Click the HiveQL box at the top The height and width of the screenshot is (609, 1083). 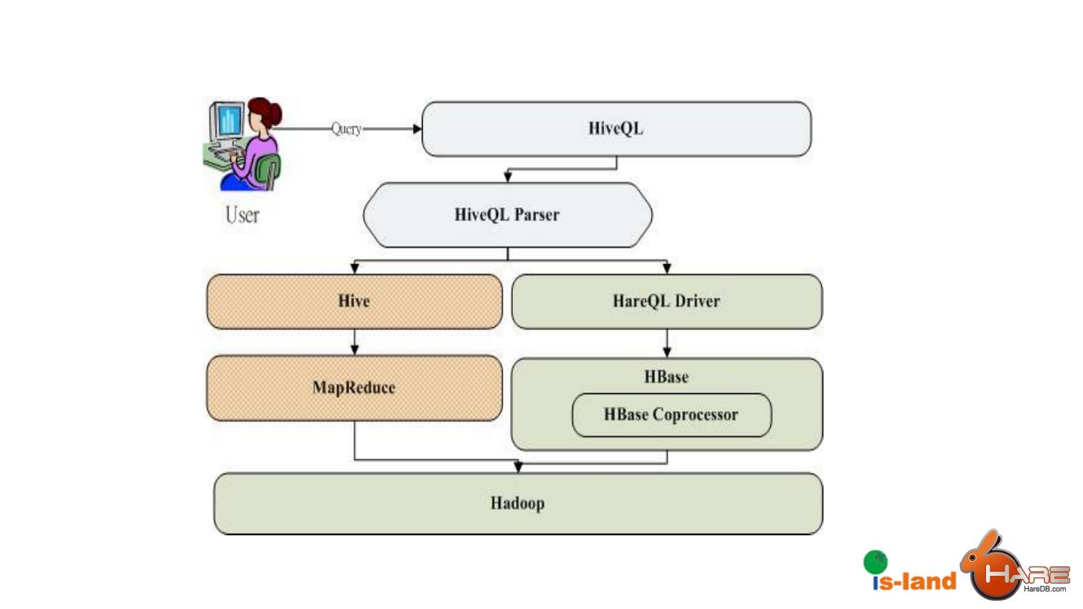(x=617, y=129)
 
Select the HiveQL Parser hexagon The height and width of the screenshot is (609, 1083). (x=508, y=215)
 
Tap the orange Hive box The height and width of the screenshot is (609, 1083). (x=354, y=301)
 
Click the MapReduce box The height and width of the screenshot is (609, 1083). (x=354, y=388)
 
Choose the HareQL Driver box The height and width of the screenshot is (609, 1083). (x=666, y=301)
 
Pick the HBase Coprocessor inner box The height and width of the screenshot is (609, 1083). (x=672, y=415)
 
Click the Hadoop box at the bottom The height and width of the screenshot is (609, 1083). (x=518, y=504)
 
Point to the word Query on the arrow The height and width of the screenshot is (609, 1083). (x=347, y=129)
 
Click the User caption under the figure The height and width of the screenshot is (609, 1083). (x=242, y=215)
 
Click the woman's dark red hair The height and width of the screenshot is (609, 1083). (x=266, y=112)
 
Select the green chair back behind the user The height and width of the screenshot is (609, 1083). (x=268, y=171)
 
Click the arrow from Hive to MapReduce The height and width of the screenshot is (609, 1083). (x=354, y=342)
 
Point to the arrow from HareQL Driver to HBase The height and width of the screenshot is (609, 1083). (x=667, y=344)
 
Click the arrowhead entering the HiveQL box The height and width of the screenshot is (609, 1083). (x=417, y=129)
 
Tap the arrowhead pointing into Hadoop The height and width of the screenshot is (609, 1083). (x=518, y=467)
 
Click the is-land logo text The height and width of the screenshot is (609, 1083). (x=915, y=581)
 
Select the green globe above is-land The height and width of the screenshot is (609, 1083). (x=875, y=562)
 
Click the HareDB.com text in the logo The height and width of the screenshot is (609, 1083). (x=1045, y=589)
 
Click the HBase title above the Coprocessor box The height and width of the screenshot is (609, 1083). (x=666, y=377)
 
